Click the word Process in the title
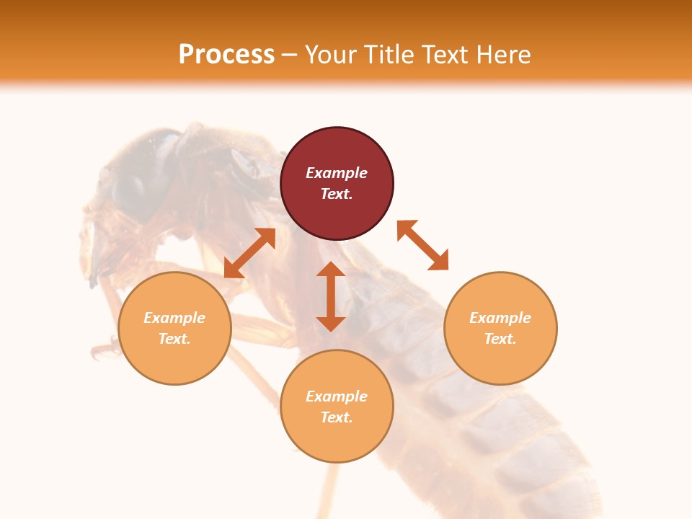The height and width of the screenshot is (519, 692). [226, 55]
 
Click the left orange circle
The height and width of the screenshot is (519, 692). [174, 328]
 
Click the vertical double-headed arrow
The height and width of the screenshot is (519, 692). [331, 296]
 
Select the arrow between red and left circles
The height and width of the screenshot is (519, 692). [249, 253]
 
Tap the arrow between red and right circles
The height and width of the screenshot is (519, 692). [422, 245]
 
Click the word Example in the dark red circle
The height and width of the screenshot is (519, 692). [337, 173]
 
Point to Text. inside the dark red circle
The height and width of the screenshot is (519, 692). [337, 194]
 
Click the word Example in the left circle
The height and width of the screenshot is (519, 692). [174, 318]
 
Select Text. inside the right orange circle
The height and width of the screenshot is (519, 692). [500, 339]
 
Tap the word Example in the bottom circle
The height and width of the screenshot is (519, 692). [337, 396]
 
